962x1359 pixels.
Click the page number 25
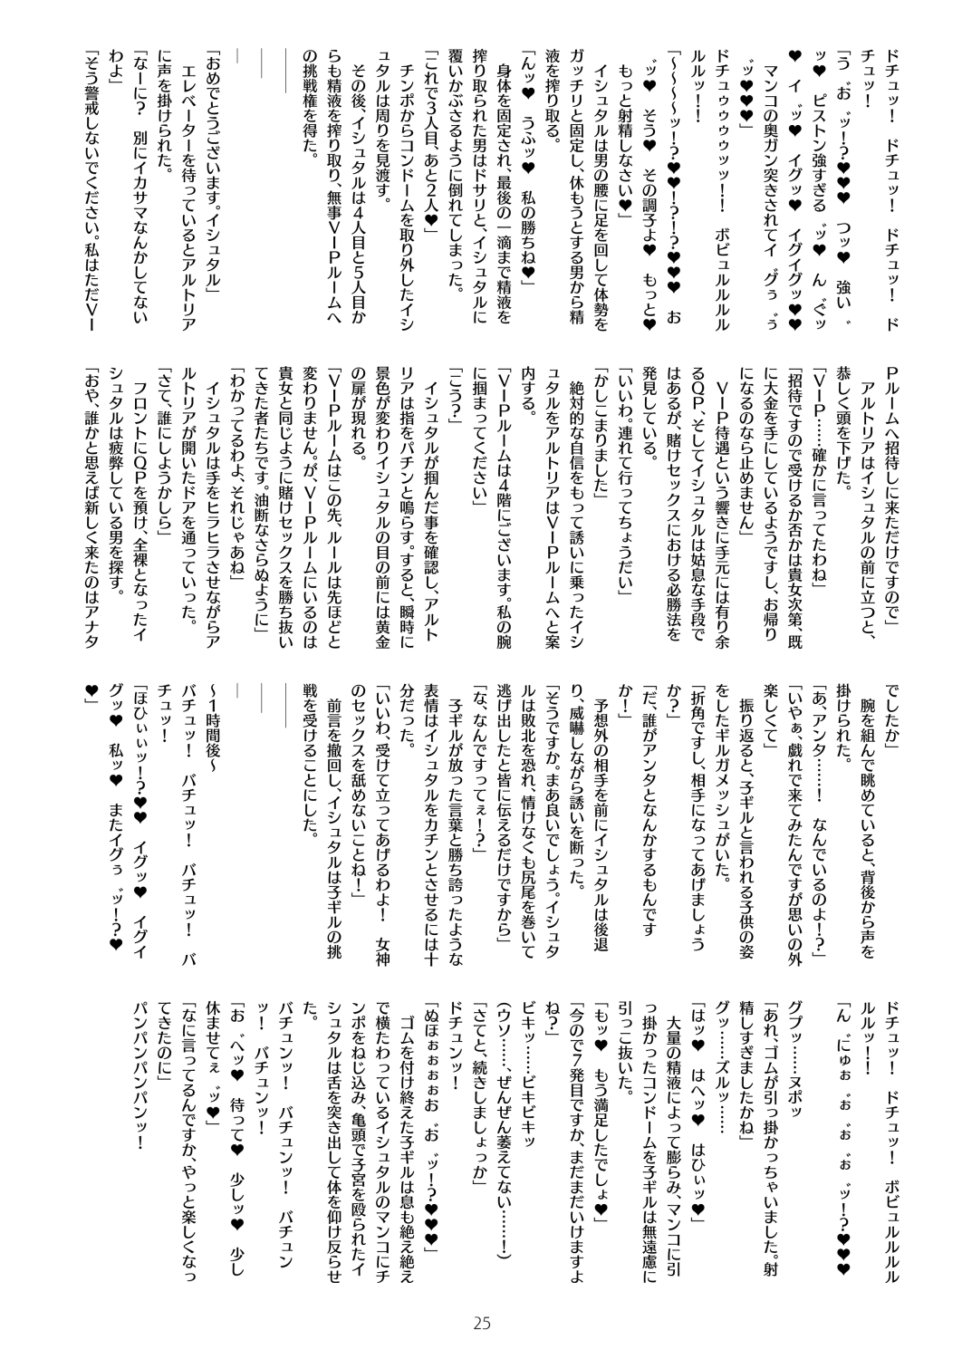(481, 1325)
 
